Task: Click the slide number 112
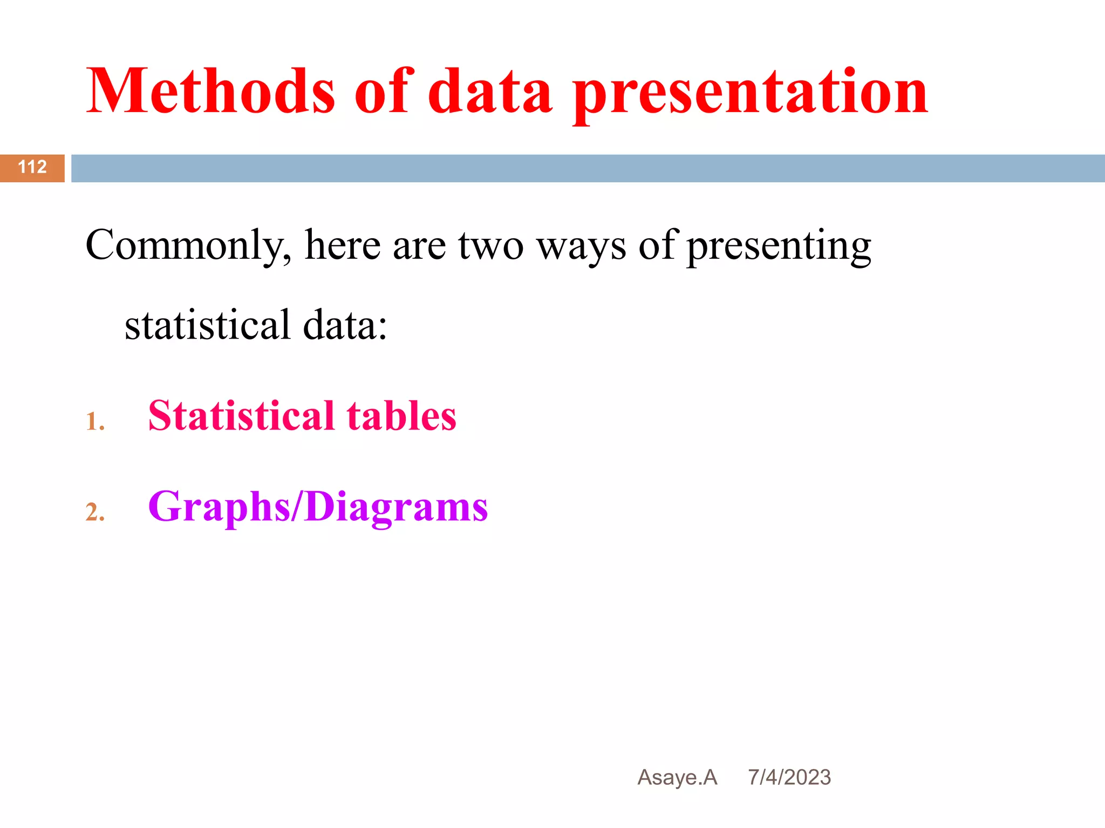(x=32, y=167)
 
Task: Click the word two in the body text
(x=491, y=246)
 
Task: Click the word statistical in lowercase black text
(x=208, y=325)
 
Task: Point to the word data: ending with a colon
(x=345, y=325)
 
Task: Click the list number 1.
(x=95, y=422)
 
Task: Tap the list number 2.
(x=95, y=512)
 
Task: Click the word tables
(x=401, y=416)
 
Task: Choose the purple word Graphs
(x=219, y=507)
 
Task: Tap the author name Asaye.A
(x=677, y=777)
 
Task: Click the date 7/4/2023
(x=789, y=777)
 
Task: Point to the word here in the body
(x=343, y=246)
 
